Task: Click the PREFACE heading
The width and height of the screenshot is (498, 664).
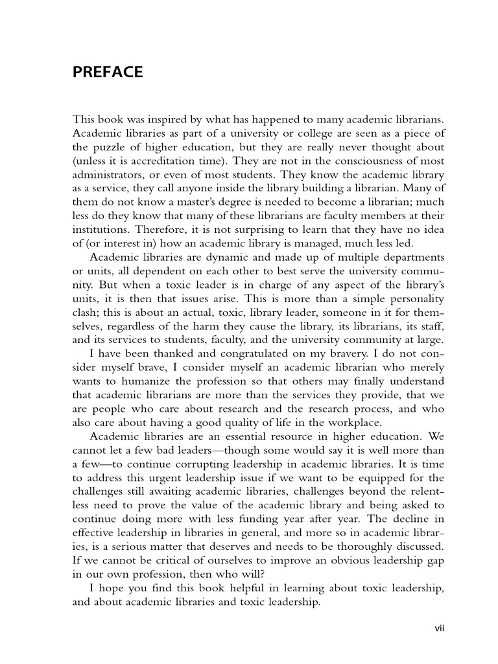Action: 108,73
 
